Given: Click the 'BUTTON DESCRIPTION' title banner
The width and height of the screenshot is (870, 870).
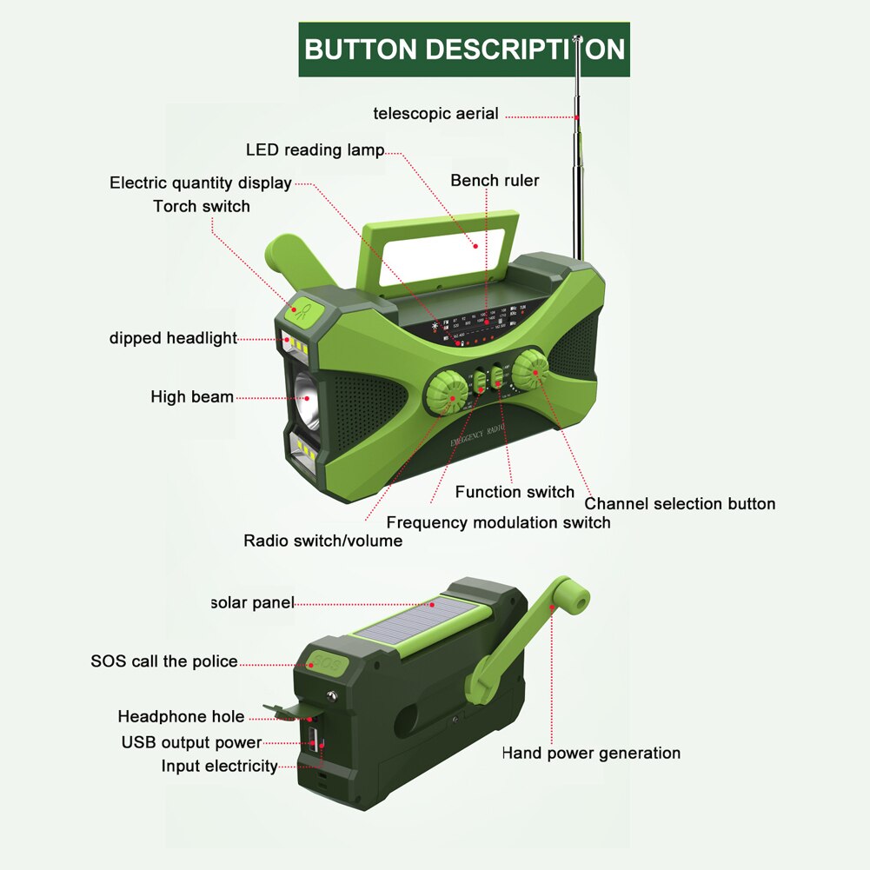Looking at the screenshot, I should [464, 50].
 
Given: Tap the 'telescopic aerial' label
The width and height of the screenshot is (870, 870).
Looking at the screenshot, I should [435, 113].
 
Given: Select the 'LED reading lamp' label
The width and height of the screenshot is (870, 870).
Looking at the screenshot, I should [315, 150].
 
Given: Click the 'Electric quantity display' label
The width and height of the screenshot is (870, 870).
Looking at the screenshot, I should [200, 183].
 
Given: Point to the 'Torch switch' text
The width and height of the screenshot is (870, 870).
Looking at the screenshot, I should [202, 207].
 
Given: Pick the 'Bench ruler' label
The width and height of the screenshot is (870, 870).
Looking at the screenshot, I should [495, 181].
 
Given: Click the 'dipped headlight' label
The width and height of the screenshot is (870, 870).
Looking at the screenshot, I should [173, 338].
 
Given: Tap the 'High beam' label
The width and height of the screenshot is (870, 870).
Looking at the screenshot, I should [192, 397].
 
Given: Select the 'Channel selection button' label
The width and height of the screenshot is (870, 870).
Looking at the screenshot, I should [680, 504].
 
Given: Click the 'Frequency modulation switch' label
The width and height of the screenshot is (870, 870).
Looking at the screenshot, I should [498, 523].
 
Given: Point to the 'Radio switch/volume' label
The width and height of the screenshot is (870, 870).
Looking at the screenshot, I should [322, 541].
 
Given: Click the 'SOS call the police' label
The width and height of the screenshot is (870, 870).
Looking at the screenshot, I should [164, 661].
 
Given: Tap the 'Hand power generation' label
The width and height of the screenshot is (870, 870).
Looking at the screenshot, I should [591, 754].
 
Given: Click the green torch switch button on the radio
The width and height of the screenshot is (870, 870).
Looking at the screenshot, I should [301, 310].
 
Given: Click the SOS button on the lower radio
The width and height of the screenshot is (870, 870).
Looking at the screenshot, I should [327, 663].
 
